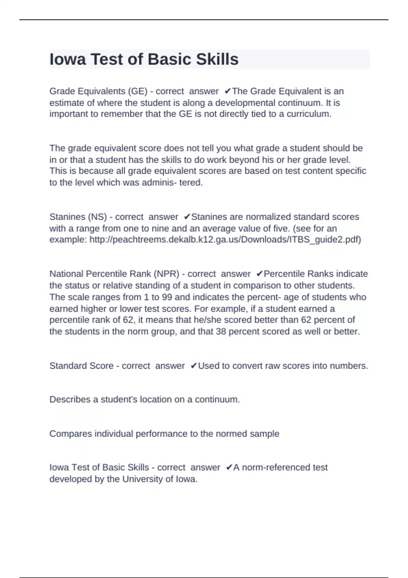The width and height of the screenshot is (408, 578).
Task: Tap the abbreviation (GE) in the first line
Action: (x=138, y=91)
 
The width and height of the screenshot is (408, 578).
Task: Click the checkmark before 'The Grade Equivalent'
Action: (x=228, y=91)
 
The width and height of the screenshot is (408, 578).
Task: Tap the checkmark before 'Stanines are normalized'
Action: (x=187, y=217)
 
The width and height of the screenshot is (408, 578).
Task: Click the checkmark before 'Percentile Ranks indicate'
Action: (x=259, y=274)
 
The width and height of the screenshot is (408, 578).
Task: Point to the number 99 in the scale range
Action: (x=167, y=297)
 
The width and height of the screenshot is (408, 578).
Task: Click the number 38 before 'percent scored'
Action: (x=221, y=331)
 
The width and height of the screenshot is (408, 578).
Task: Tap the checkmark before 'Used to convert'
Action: (x=194, y=366)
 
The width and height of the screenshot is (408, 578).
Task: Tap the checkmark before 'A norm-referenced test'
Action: (x=229, y=468)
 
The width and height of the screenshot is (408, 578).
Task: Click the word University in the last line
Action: (x=142, y=479)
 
